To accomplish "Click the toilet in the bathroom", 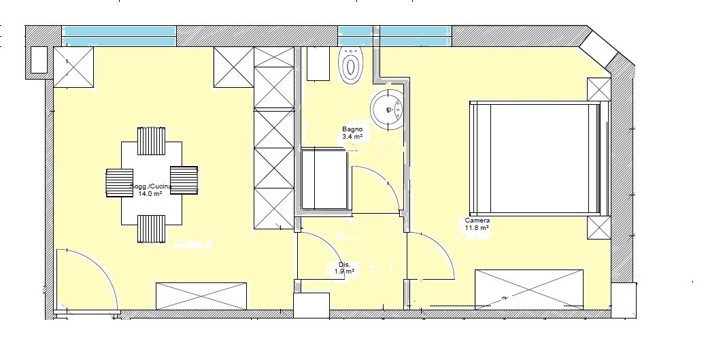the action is (x=352, y=65).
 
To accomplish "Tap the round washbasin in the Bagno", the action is (x=387, y=110).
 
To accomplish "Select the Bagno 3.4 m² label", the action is (x=352, y=133).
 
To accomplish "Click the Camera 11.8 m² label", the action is (x=477, y=224).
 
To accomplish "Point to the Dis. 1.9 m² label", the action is (x=344, y=268).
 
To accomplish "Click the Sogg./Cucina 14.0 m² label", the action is (x=150, y=190).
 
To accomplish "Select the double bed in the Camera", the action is (x=539, y=158).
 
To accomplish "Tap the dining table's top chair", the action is (x=151, y=141).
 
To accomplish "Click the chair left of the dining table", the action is (x=120, y=183).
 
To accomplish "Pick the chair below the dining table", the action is (x=151, y=229).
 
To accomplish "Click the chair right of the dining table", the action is (x=184, y=180).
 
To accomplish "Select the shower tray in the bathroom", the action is (x=324, y=180).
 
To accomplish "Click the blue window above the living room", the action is (x=119, y=36).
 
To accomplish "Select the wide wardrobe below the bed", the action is (x=528, y=289).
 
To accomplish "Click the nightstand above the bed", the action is (x=599, y=89).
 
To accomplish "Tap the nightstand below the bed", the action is (x=599, y=228).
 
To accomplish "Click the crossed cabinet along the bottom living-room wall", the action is (x=201, y=296).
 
